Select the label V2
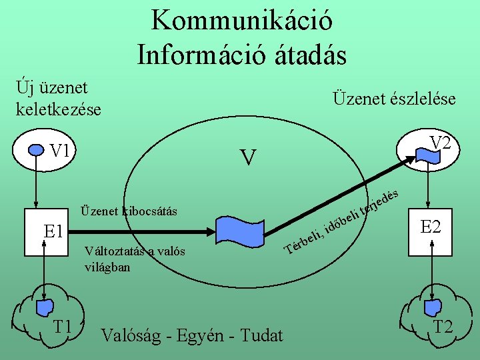coord(441,142)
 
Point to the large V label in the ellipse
coord(247,158)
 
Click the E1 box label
coord(53,232)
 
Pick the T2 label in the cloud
coord(443,327)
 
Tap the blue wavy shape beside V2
coord(425,155)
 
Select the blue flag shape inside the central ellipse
coord(239,231)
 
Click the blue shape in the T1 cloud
coord(45,308)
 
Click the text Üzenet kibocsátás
coord(128,211)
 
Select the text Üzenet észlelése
coord(393,99)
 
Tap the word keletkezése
coord(59,109)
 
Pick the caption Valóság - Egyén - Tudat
coord(191,335)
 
